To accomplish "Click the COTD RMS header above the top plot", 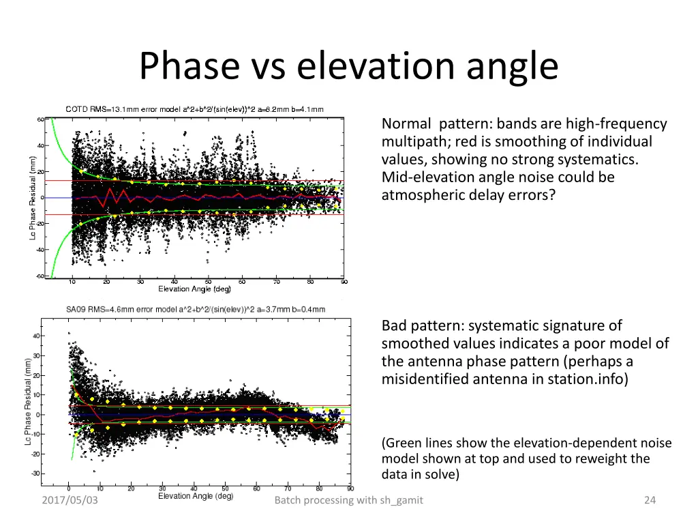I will click(x=194, y=109).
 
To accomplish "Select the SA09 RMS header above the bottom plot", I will click(x=196, y=309).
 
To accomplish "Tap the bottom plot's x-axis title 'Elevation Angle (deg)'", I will click(x=196, y=496).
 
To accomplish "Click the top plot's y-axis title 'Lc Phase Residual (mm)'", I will click(x=33, y=198).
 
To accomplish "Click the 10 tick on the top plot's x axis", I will click(x=72, y=282).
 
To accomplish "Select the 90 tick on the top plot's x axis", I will click(x=344, y=282).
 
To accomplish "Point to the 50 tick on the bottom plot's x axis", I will click(x=226, y=488).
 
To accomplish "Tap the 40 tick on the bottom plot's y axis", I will click(x=35, y=336).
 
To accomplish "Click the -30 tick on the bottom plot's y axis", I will click(x=35, y=474).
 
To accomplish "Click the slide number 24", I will click(x=650, y=501).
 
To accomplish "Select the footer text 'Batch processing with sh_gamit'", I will click(x=348, y=501).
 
